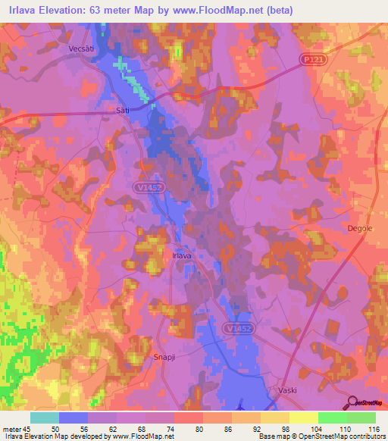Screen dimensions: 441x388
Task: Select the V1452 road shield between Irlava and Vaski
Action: [239, 328]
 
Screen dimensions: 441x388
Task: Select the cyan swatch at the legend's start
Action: [45, 418]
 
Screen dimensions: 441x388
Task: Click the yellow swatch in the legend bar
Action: [303, 418]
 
